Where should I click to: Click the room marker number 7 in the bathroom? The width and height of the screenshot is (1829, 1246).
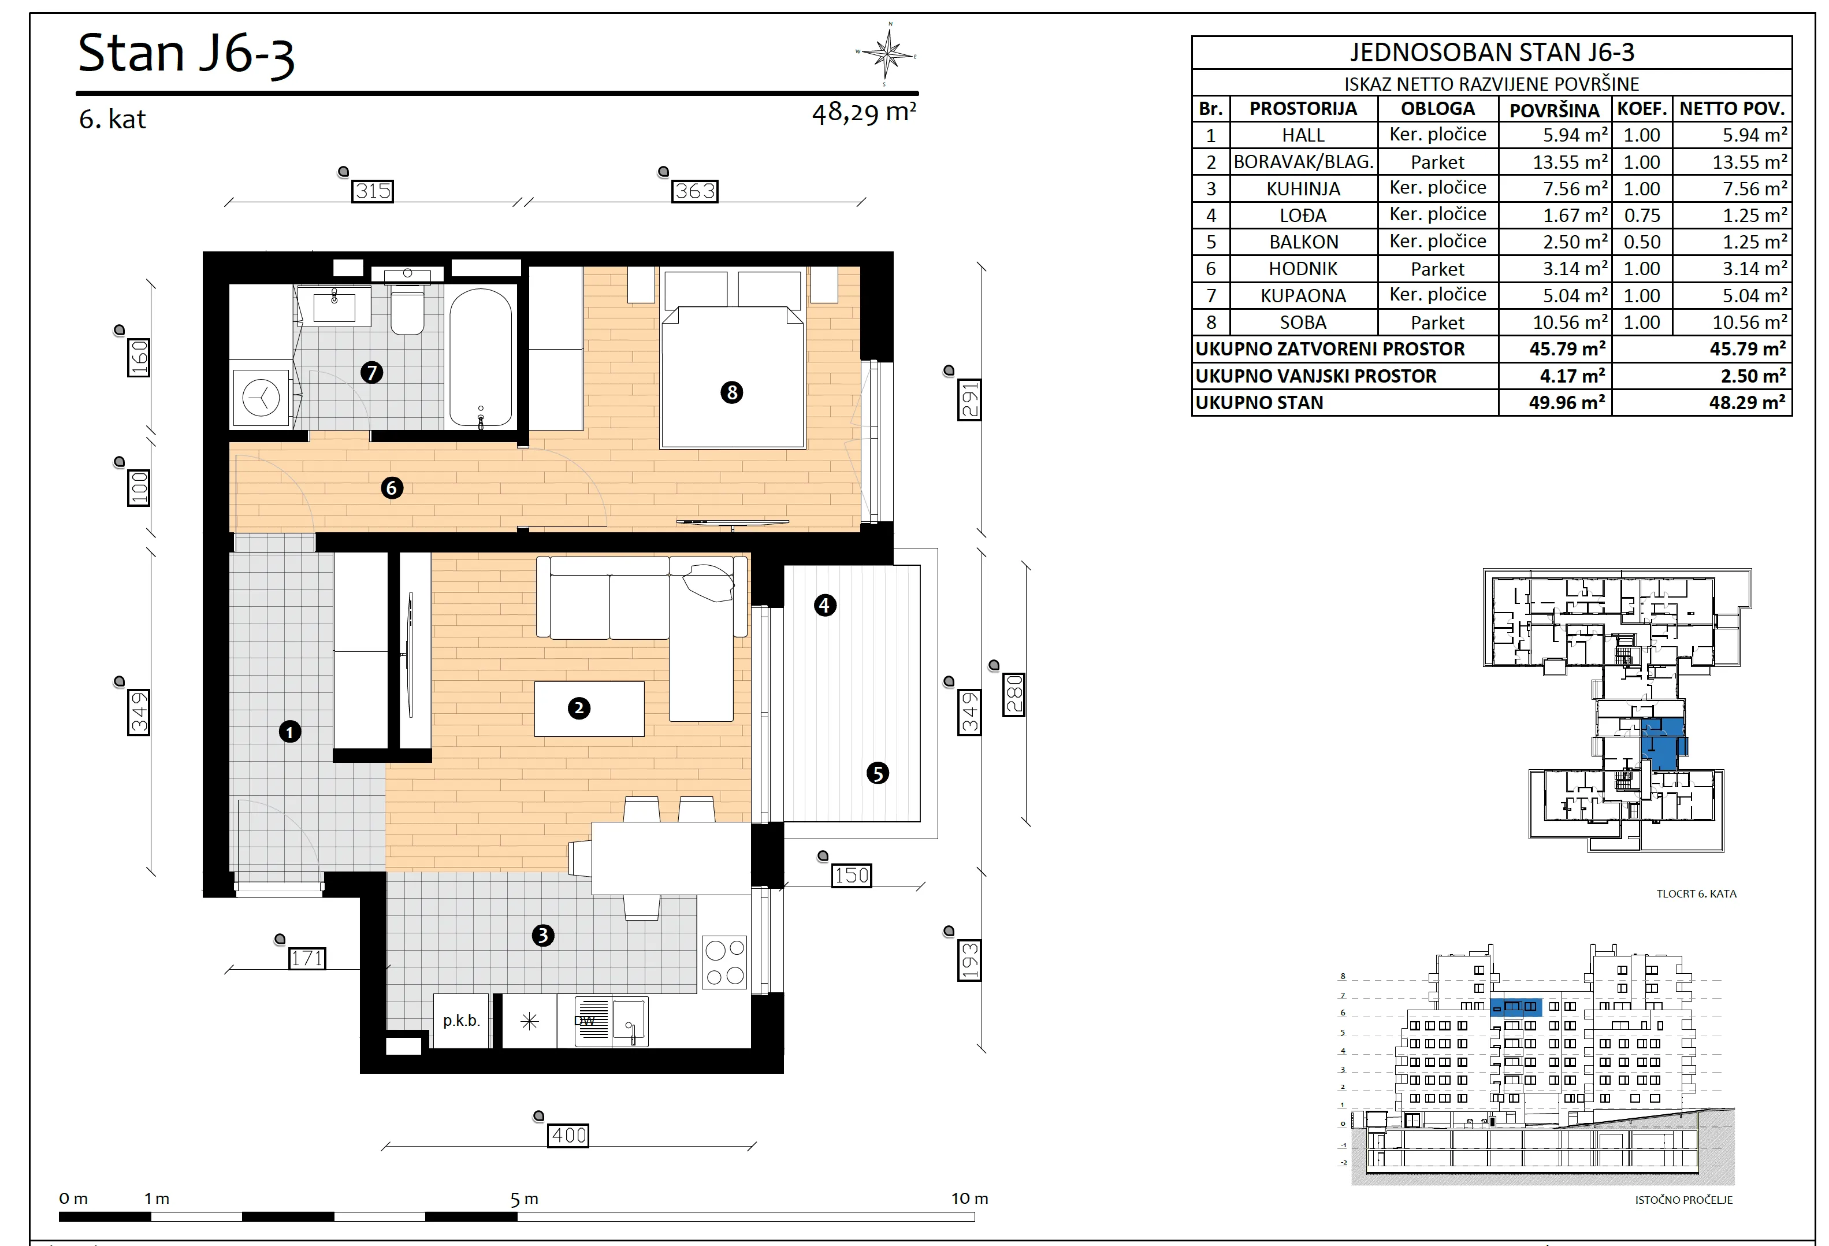371,372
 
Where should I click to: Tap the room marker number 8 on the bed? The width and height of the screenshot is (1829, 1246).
732,392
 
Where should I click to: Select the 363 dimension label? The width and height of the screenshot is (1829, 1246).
695,191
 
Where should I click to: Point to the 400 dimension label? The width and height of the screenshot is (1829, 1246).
569,1135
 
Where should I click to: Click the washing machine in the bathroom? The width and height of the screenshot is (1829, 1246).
261,396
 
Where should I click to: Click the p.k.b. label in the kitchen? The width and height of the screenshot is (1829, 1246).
461,1021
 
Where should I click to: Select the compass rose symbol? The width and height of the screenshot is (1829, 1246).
887,54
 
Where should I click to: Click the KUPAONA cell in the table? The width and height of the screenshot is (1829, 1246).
1303,296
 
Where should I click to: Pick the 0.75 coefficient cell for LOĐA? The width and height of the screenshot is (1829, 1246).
1642,216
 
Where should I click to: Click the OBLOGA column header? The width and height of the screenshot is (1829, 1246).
1438,109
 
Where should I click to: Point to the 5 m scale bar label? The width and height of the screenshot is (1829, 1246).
524,1199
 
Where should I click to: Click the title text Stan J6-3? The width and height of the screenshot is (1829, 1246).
187,54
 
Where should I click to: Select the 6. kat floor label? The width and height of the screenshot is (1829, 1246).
113,120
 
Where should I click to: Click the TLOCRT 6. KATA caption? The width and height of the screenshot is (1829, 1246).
1696,893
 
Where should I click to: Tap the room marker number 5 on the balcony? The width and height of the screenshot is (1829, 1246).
878,773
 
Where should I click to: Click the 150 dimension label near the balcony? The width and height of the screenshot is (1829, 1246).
852,876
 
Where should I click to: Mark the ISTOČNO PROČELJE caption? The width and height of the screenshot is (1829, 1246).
1683,1200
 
